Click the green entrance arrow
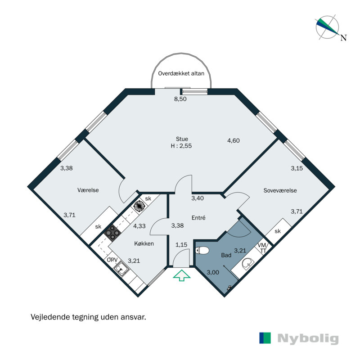(x=182, y=275)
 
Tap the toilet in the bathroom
(x=203, y=250)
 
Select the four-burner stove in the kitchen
(x=111, y=232)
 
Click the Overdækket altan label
(x=180, y=73)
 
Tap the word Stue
(x=182, y=139)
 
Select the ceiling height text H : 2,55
(x=182, y=146)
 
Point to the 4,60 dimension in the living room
(x=233, y=140)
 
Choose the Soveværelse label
(x=280, y=190)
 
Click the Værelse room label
(x=88, y=190)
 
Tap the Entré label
(x=198, y=217)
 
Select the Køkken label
(x=144, y=243)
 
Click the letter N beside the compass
(x=343, y=38)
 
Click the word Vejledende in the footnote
(x=48, y=317)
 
